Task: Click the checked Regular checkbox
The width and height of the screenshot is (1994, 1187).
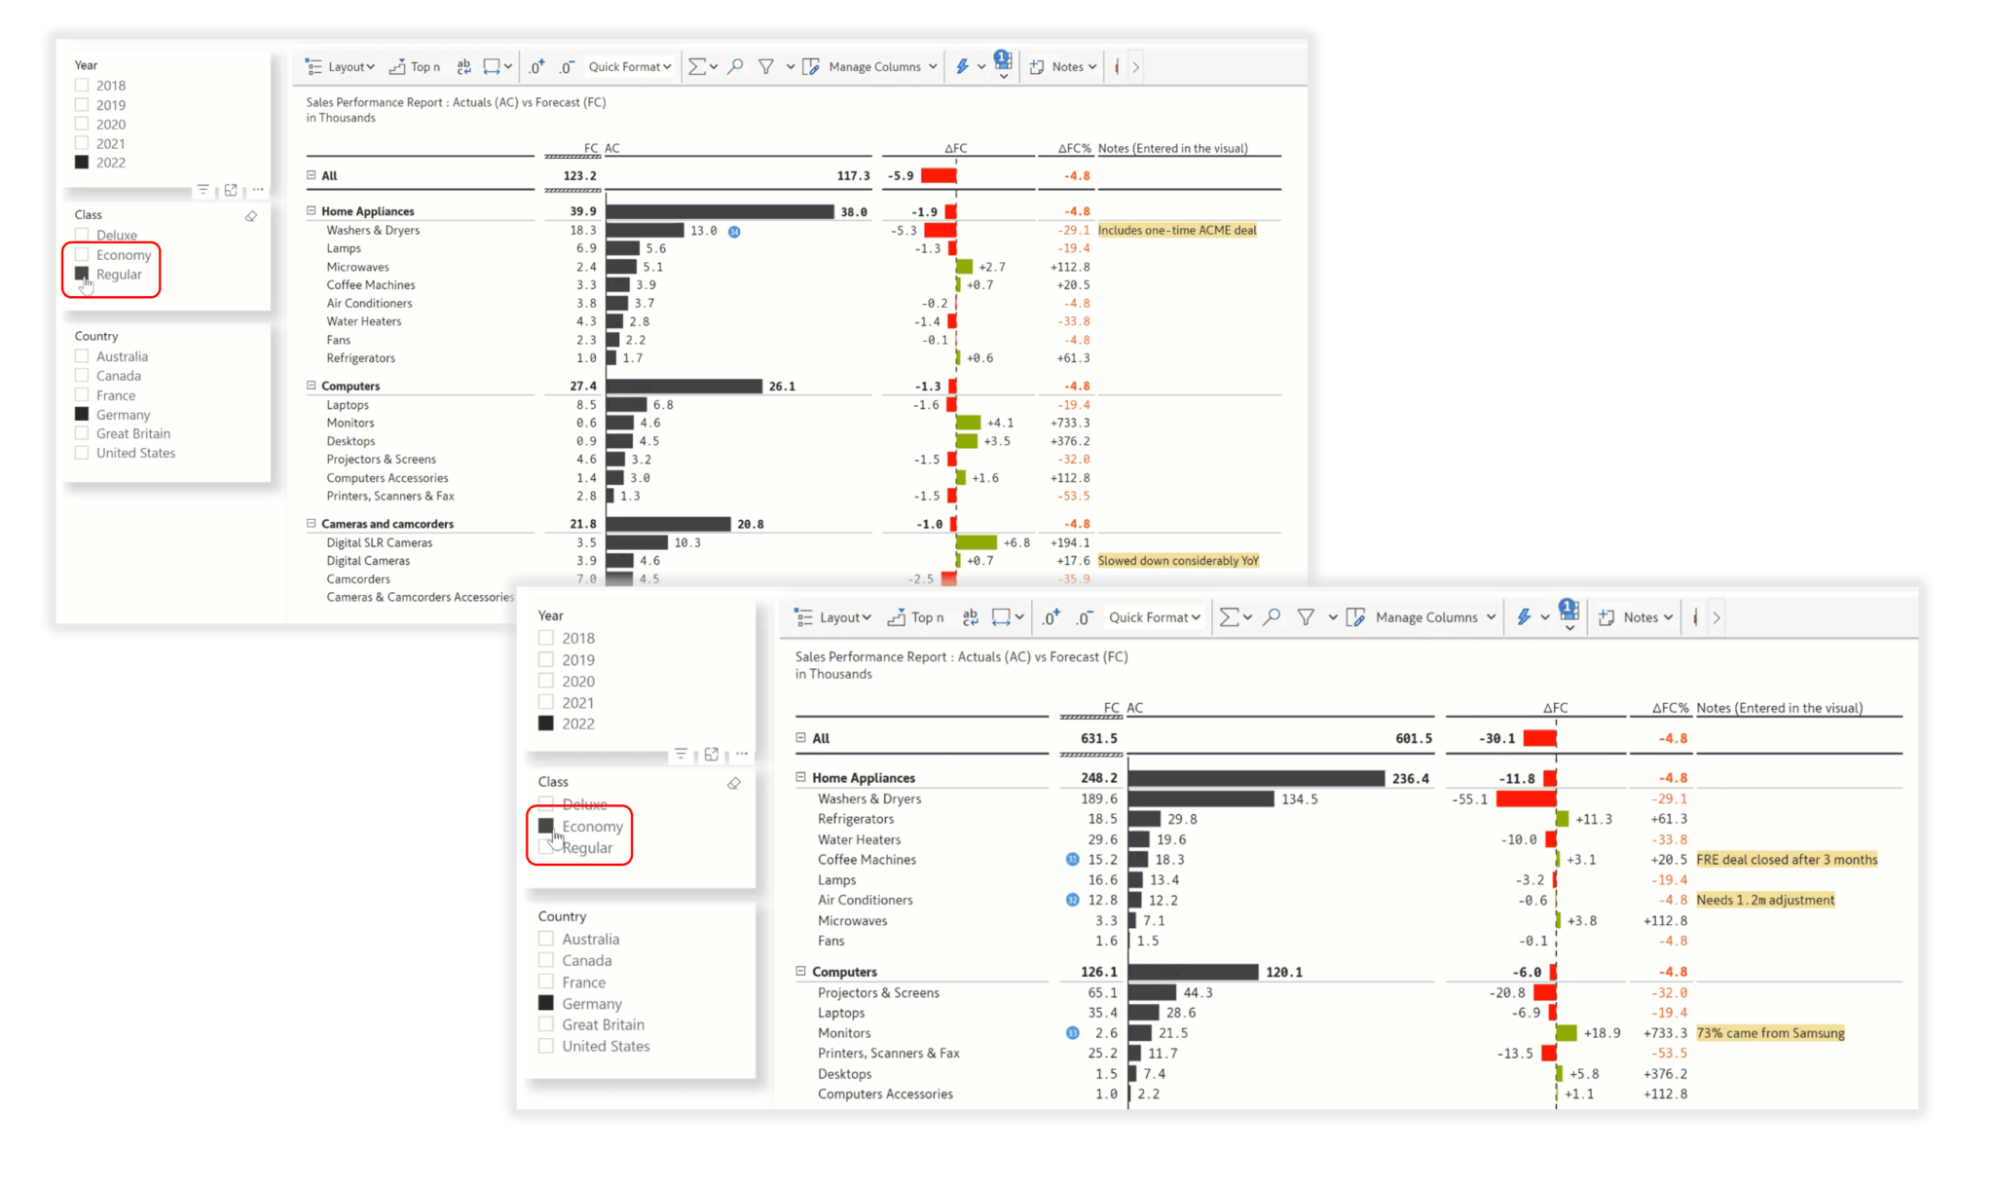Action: (82, 274)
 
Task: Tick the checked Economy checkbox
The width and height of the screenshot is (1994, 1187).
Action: (546, 826)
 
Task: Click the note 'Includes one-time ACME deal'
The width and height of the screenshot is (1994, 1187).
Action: (1177, 230)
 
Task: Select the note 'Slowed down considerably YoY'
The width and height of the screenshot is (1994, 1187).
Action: (1178, 561)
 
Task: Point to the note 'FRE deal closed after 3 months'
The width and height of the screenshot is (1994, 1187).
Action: (1787, 860)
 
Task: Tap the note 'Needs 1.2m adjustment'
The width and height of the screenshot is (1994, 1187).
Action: (1765, 900)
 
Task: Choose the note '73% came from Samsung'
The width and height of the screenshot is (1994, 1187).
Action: (1770, 1033)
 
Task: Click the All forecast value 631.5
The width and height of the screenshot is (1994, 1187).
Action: (1098, 738)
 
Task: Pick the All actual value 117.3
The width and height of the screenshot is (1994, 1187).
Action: (853, 176)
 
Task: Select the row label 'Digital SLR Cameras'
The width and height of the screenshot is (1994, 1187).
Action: (380, 542)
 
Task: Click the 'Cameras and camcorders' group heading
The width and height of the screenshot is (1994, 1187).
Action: (388, 524)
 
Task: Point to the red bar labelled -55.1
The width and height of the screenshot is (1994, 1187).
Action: (1526, 799)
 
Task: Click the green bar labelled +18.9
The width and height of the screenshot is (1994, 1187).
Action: (1567, 1033)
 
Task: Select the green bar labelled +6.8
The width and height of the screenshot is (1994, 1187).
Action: (977, 542)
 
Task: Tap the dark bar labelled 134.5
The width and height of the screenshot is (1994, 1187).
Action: (1201, 799)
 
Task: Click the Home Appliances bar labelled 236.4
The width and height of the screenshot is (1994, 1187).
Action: (1256, 778)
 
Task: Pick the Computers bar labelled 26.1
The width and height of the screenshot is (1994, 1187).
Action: (683, 387)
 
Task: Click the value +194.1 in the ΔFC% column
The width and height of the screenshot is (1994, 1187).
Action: (1070, 542)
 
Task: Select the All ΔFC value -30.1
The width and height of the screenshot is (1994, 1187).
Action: (1496, 738)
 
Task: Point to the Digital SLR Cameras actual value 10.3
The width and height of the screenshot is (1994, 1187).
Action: (687, 542)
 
